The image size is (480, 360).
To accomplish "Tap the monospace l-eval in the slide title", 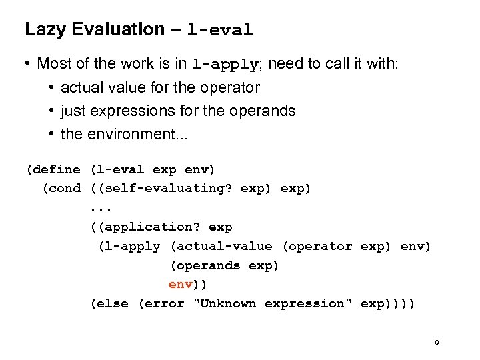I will tap(220, 31).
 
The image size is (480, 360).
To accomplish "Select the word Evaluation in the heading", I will tap(115, 29).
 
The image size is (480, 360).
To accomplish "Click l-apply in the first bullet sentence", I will tap(225, 65).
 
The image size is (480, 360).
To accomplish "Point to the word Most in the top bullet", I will tap(54, 64).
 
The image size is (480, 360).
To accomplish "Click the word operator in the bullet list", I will tap(229, 87).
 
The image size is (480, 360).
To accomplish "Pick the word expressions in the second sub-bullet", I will tap(134, 111).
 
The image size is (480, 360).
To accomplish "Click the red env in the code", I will tap(180, 284).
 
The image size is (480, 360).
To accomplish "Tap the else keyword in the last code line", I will tap(114, 303).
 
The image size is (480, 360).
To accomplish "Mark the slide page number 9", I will tap(437, 343).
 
